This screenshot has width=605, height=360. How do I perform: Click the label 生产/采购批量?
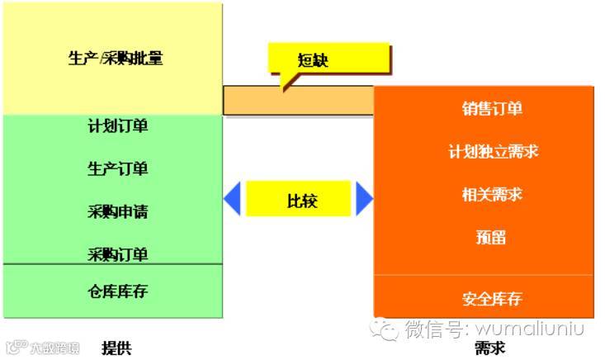115,59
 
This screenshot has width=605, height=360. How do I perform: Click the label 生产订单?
118,168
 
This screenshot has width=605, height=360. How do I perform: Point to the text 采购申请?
118,211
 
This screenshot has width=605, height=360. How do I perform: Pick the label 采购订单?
118,253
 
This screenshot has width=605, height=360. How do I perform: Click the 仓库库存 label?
118,291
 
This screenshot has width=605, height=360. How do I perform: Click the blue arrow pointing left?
232,199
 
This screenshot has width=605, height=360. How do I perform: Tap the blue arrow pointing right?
364,199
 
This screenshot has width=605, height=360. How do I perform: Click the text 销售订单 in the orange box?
492,109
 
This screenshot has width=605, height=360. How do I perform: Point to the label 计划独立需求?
493,152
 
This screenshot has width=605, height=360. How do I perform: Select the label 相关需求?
492,195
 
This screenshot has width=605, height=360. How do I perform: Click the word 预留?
492,238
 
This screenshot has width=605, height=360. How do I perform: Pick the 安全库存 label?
492,298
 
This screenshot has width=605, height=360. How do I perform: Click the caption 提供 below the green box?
116,348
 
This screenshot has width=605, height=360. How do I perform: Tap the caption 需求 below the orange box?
489,348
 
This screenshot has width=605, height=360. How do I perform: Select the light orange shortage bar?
297,101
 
